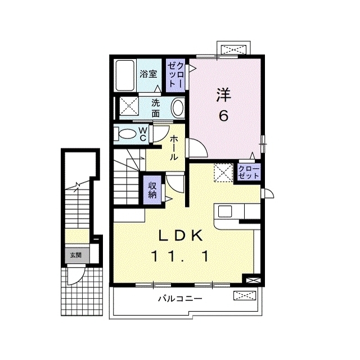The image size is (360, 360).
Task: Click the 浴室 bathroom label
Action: pos(148,74)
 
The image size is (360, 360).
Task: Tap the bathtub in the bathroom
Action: pos(125,75)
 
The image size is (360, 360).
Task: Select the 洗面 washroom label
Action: pos(156,109)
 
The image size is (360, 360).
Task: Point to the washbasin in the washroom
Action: pos(178,108)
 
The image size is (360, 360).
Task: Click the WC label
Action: pos(143,134)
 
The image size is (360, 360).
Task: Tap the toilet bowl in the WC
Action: pos(126,134)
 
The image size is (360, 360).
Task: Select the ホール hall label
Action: pos(174,147)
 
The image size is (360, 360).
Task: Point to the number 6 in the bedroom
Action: pos(224,115)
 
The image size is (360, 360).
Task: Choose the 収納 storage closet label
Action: pos(152,190)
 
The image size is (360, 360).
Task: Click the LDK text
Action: pos(181,236)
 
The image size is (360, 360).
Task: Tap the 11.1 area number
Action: pos(180,256)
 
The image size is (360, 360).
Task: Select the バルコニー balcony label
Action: pos(181,299)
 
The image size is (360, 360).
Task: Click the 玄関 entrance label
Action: pos(76,255)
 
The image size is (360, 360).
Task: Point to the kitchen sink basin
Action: pos(225,211)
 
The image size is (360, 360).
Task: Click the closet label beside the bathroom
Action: pos(175,75)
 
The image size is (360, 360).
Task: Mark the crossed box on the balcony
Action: pos(245,295)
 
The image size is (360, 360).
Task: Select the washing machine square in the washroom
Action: pos(129,106)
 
